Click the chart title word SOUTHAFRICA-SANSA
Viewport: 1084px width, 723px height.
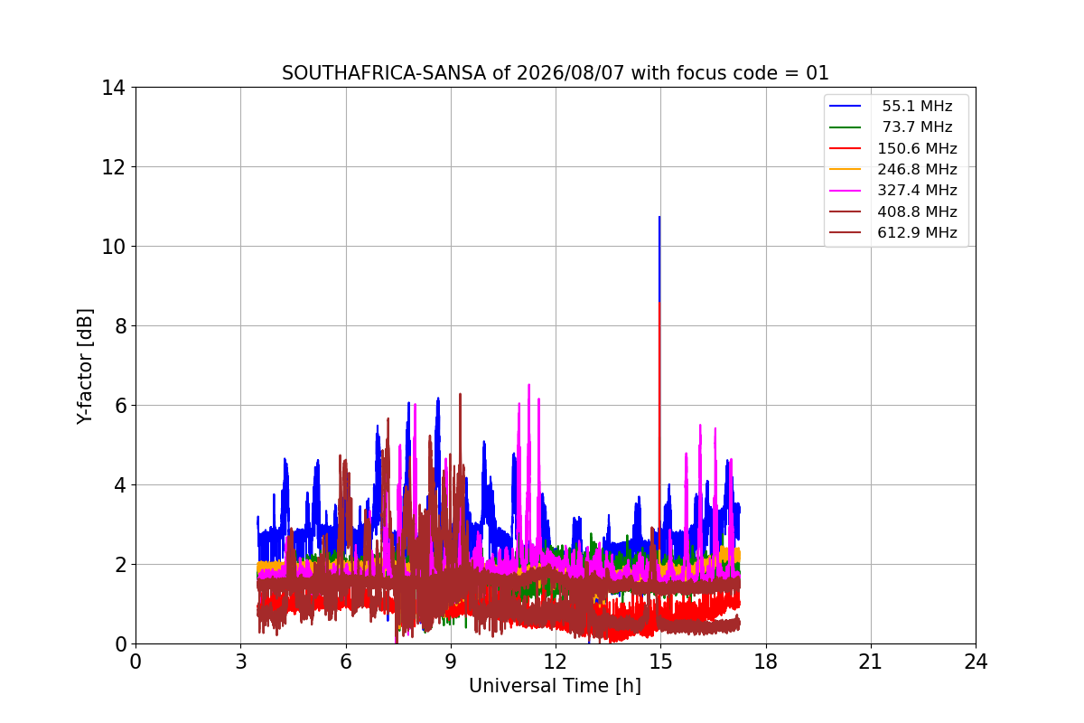click(384, 73)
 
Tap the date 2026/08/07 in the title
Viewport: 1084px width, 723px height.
click(571, 73)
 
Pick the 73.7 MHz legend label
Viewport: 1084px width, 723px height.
click(917, 127)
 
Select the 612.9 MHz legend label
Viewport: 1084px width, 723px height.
click(917, 233)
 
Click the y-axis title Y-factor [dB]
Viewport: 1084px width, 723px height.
click(84, 367)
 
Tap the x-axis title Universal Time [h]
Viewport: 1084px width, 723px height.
click(555, 686)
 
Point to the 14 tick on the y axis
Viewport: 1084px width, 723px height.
click(113, 88)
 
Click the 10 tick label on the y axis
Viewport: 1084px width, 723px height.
click(113, 247)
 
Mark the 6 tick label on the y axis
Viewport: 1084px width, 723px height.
click(120, 405)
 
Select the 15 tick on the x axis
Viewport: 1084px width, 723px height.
click(660, 662)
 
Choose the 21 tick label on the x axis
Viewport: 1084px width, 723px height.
click(871, 662)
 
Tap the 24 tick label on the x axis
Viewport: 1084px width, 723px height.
click(976, 662)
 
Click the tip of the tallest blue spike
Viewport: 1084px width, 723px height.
click(659, 217)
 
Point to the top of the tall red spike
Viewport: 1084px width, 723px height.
click(659, 303)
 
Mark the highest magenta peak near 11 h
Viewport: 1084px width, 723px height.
click(529, 384)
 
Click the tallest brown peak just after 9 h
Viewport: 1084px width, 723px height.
click(460, 394)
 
